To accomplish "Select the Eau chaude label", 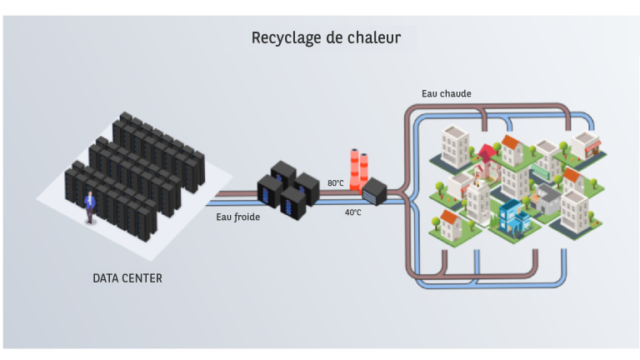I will [446, 93].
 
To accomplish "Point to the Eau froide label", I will [237, 217].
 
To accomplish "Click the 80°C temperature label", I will [335, 182].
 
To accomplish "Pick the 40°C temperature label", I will [353, 212].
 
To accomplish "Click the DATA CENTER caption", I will [127, 278].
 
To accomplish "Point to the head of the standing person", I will [89, 194].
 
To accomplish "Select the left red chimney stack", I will [354, 169].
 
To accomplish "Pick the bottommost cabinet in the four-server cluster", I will [292, 204].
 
